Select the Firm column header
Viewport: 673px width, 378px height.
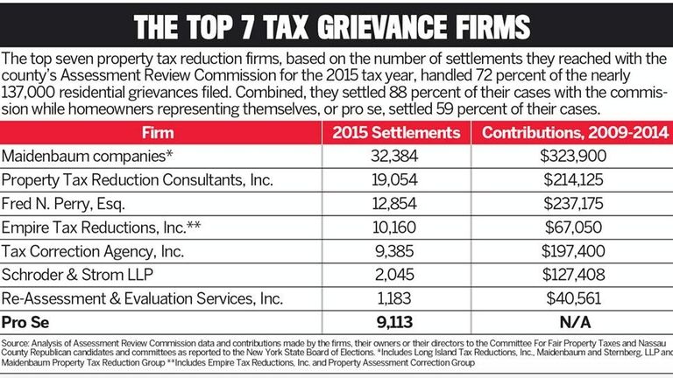pyautogui.click(x=161, y=133)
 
